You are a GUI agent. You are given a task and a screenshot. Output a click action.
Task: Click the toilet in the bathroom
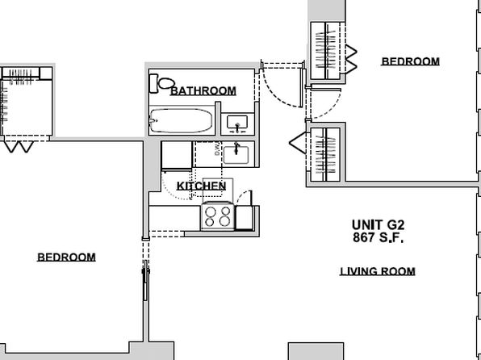tap(161, 83)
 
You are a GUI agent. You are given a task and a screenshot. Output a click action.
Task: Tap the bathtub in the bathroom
tap(181, 120)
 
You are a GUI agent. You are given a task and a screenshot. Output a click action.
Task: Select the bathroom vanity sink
tap(237, 123)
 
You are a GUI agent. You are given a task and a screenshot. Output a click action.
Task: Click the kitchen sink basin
tap(236, 155)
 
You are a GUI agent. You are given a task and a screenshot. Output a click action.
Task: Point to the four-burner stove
tap(218, 216)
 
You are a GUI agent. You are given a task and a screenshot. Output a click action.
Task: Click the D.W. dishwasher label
tap(217, 149)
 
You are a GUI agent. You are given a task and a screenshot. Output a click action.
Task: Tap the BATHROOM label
tap(203, 91)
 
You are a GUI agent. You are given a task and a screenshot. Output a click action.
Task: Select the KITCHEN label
tap(202, 186)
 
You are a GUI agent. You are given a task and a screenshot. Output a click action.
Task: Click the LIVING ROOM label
tap(378, 271)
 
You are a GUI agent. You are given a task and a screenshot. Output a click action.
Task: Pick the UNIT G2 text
tap(378, 225)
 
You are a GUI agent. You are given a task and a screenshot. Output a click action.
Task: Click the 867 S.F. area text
tap(378, 237)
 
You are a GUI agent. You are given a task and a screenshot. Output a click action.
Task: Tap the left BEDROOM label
tap(66, 257)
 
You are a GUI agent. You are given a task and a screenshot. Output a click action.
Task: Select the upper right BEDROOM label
tap(411, 61)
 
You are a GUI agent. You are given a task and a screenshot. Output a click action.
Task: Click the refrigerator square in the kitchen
tap(177, 155)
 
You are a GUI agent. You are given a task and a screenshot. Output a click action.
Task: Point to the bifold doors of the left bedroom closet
tap(19, 146)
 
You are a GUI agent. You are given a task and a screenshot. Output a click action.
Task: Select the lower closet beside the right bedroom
tap(325, 155)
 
